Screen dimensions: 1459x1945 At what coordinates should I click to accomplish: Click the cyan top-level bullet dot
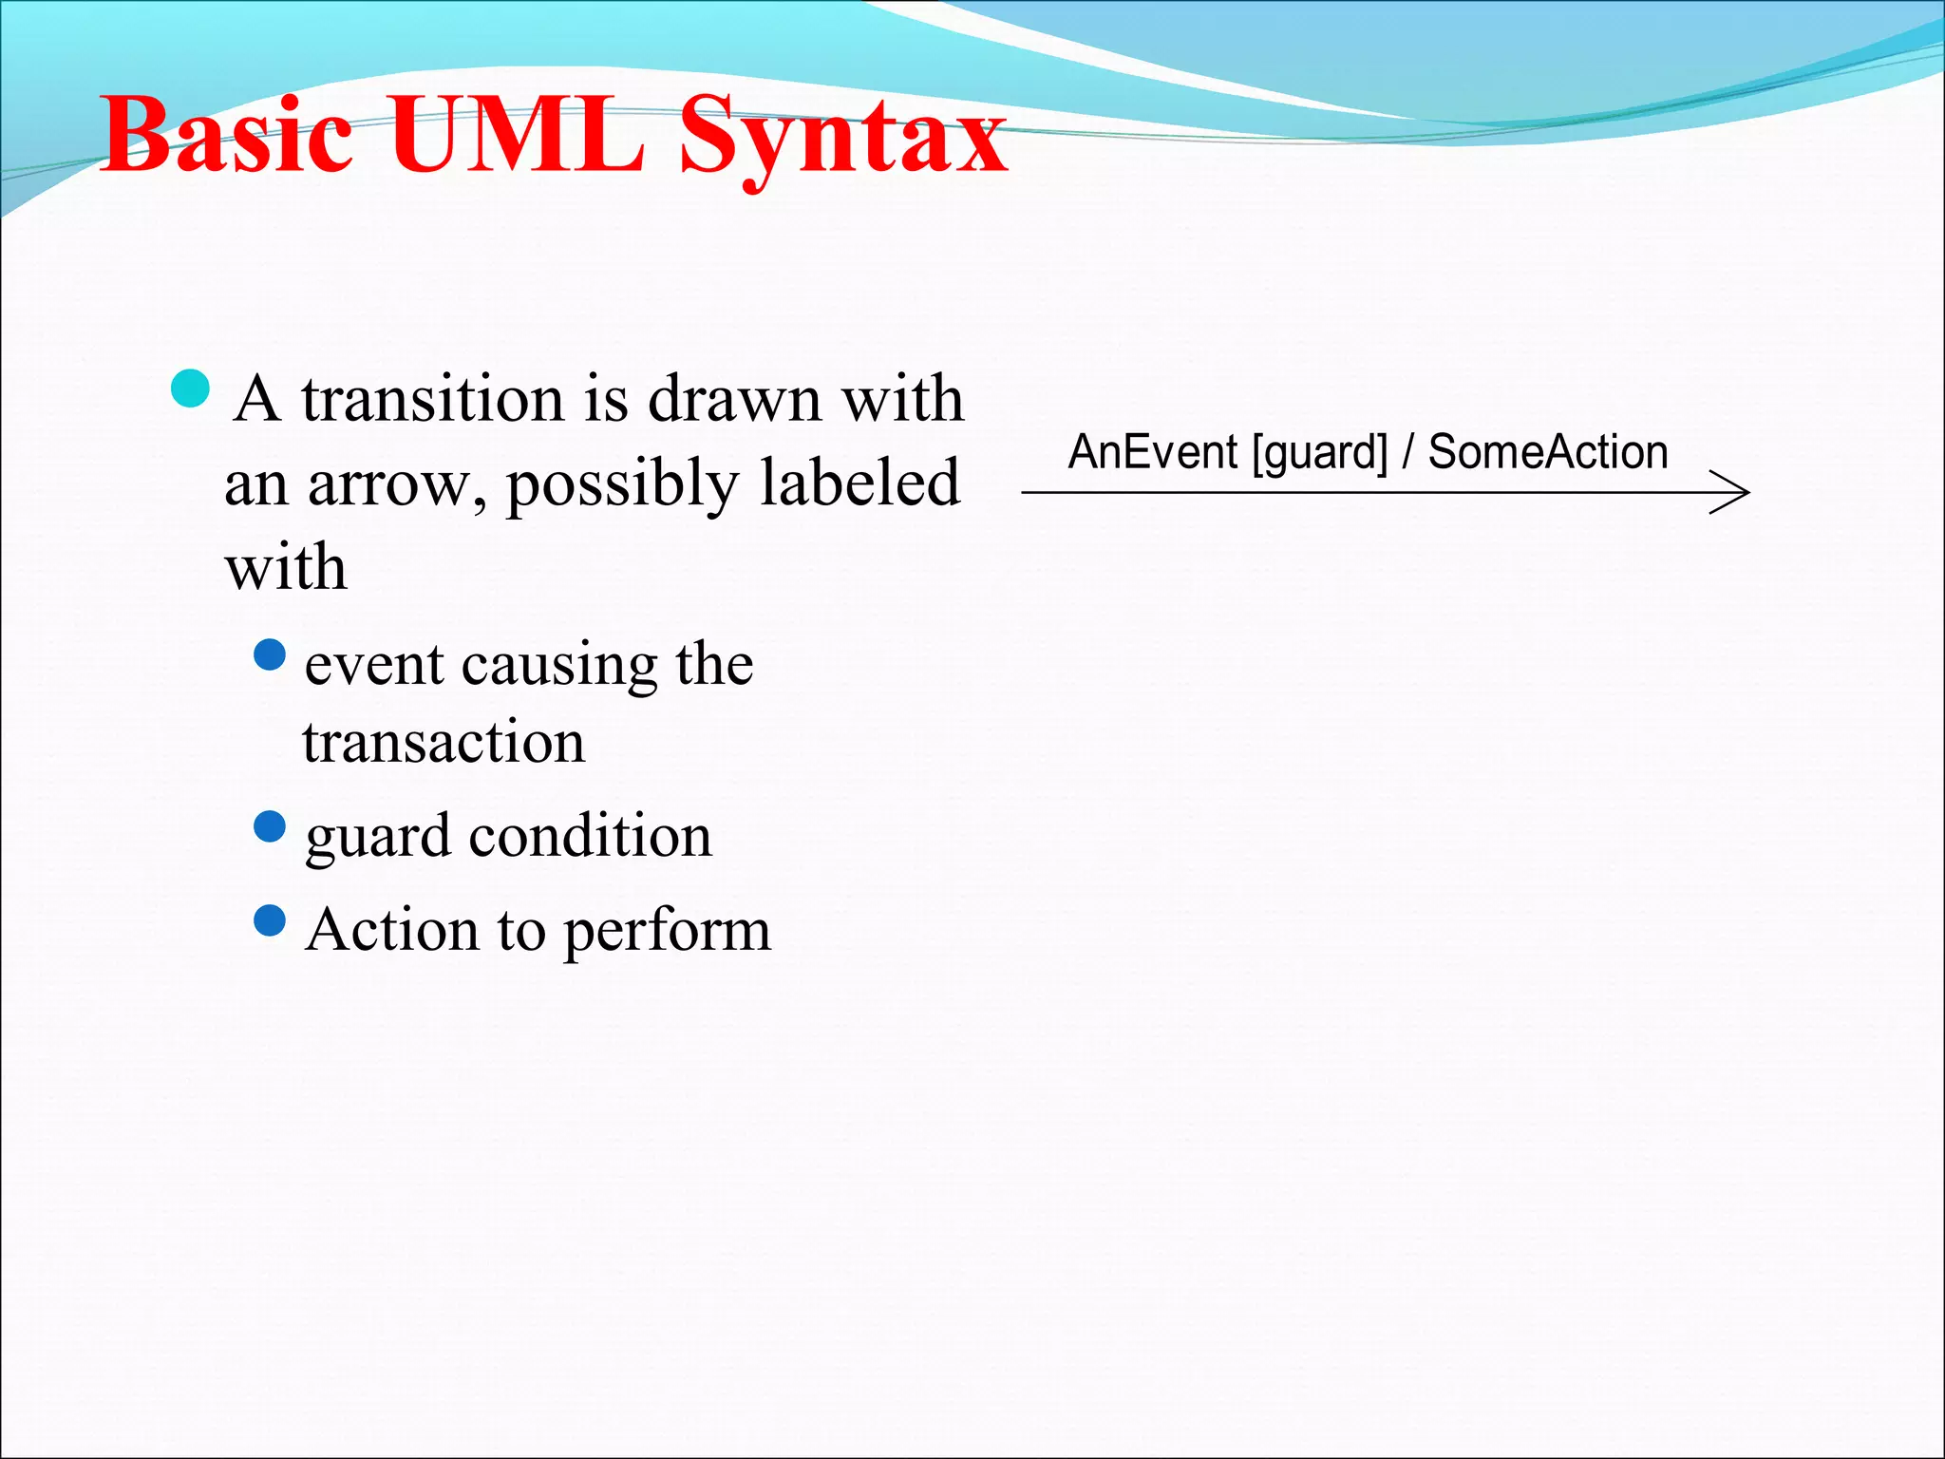pyautogui.click(x=191, y=388)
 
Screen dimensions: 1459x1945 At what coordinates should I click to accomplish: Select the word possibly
pyautogui.click(x=622, y=485)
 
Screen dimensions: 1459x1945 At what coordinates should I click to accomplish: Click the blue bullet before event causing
pyautogui.click(x=271, y=654)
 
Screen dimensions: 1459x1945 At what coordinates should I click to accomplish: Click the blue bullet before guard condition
pyautogui.click(x=271, y=826)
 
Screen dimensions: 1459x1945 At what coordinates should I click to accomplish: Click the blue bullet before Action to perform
pyautogui.click(x=271, y=920)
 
